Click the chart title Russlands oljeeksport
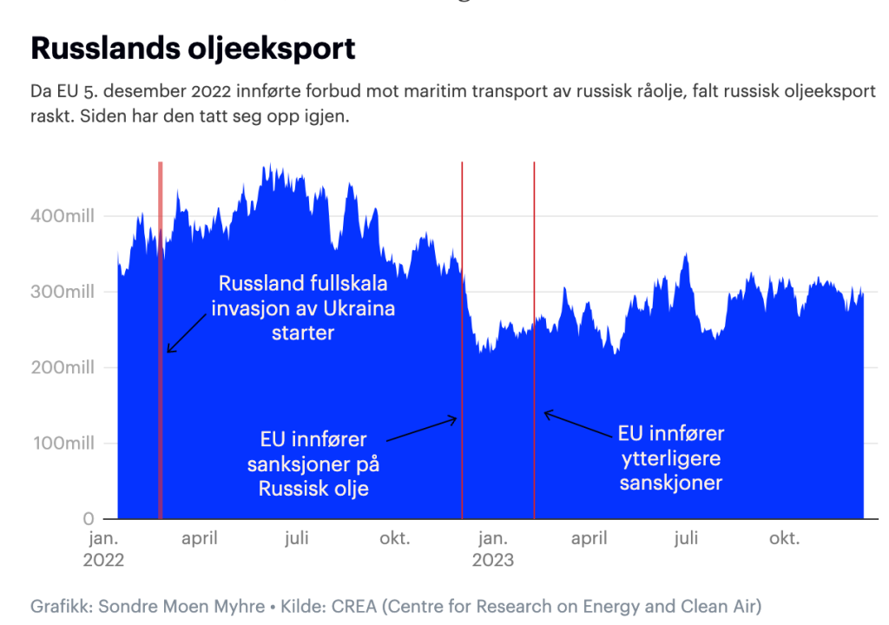coord(193,49)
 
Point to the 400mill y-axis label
coord(63,215)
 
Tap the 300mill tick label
coord(63,292)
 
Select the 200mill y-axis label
coord(63,368)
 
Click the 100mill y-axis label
coord(63,444)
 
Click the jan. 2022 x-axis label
coord(103,549)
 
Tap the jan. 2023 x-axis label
coord(493,549)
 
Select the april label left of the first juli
coord(200,538)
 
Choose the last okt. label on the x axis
coord(784,538)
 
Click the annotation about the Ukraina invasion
coord(303,308)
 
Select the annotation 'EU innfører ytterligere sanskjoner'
coord(670,457)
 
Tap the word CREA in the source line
coord(354,605)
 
